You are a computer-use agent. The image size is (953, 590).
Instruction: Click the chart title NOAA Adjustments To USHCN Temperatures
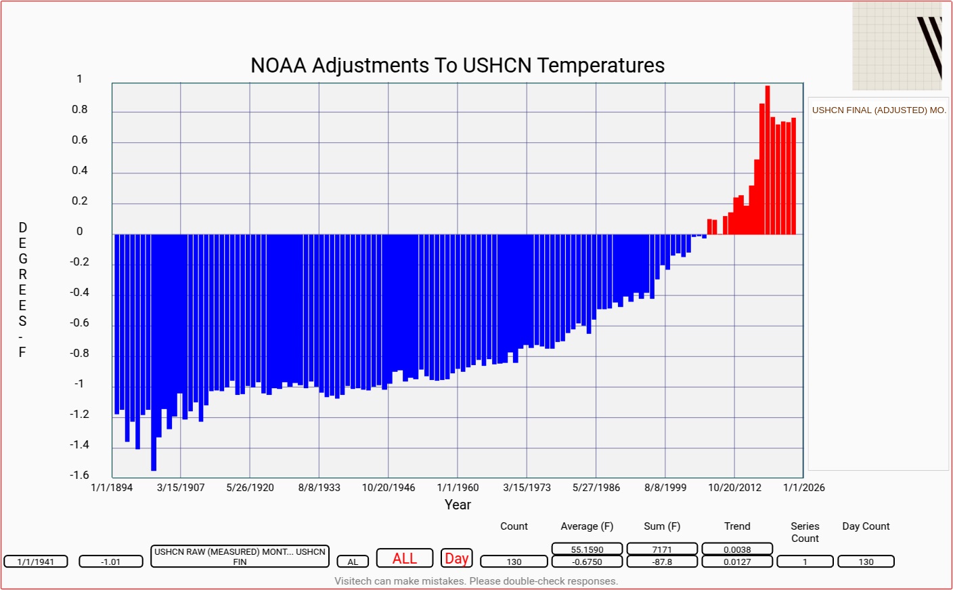click(458, 66)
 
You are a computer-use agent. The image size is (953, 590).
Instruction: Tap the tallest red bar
click(768, 160)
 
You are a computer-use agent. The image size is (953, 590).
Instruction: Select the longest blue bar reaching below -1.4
click(154, 352)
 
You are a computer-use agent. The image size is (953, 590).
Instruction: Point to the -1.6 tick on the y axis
click(79, 475)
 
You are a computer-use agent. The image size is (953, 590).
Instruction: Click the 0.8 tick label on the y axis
click(80, 110)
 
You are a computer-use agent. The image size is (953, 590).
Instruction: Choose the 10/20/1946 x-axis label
click(389, 488)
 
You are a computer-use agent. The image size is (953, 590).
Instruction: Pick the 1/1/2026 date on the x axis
click(804, 488)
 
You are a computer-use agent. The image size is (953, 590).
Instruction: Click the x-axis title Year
click(458, 505)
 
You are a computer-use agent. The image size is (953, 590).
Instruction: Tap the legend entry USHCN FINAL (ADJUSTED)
click(879, 110)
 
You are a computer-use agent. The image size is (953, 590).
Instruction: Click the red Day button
click(456, 558)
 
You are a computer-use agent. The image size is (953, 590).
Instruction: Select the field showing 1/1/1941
click(36, 562)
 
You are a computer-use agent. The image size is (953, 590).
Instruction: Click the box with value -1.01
click(111, 562)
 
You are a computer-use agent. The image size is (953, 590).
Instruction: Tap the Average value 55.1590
click(587, 549)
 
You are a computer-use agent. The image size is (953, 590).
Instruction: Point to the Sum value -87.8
click(662, 562)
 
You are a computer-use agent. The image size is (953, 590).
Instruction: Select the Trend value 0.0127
click(737, 562)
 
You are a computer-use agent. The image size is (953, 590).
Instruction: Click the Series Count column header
click(805, 532)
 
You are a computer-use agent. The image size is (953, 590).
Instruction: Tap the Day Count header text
click(866, 526)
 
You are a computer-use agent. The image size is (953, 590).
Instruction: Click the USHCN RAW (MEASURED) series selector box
click(240, 556)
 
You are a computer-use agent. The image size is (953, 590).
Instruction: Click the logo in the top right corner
click(897, 45)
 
